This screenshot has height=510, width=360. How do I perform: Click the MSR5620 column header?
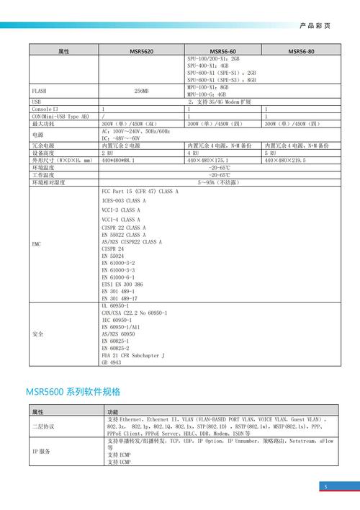pos(142,52)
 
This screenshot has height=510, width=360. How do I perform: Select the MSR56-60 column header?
pos(224,52)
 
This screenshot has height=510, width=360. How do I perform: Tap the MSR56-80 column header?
pos(301,52)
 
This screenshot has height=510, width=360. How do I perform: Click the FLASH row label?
pos(40,91)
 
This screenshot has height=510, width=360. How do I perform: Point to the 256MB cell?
pos(142,91)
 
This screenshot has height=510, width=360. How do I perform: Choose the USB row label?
pos(36,102)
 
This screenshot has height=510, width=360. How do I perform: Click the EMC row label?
pos(37,244)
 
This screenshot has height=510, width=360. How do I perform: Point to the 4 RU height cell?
pos(194,153)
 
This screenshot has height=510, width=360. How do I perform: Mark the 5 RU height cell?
pos(271,153)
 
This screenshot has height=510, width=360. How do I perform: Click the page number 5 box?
pos(325,487)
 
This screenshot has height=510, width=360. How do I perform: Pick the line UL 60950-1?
pos(117,306)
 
